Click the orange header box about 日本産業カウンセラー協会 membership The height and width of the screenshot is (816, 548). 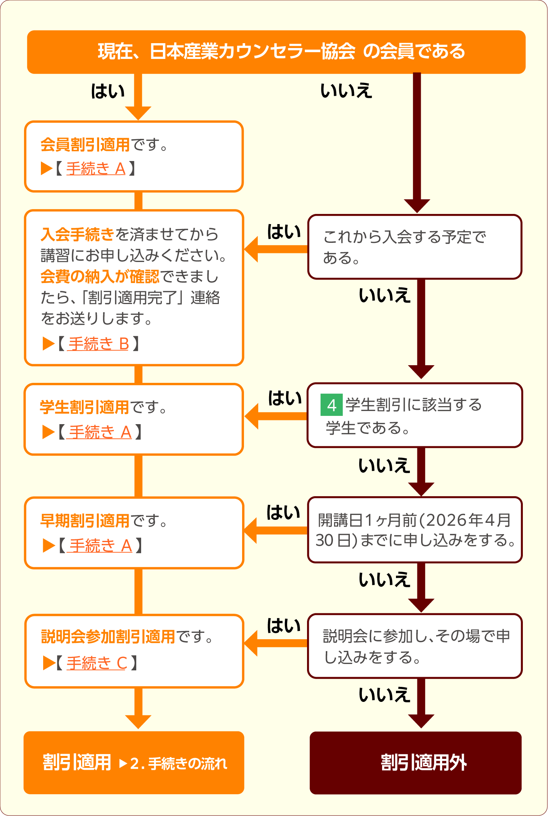[x=276, y=52]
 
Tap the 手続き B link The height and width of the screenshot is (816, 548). [x=98, y=344]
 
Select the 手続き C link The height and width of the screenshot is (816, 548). [x=96, y=663]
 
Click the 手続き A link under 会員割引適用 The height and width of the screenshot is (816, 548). [x=96, y=169]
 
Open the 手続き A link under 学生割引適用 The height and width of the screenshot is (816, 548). [x=99, y=432]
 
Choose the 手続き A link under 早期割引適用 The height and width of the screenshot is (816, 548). [x=100, y=546]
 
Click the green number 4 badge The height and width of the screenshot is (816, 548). [x=331, y=405]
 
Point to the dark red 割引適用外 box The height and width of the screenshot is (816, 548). [x=416, y=763]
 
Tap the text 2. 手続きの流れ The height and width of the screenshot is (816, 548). [x=179, y=763]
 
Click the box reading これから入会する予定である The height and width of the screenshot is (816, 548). [x=415, y=247]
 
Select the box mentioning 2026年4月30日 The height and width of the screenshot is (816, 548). [x=415, y=530]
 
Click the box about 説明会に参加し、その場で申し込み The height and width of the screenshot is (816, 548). [x=415, y=646]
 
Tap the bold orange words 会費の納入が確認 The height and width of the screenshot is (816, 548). [x=99, y=277]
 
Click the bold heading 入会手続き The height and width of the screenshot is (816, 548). [x=77, y=235]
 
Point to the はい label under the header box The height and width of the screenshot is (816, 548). [x=108, y=91]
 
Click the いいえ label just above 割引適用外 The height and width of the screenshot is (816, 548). [x=384, y=695]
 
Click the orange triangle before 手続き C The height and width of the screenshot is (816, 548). [x=49, y=663]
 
